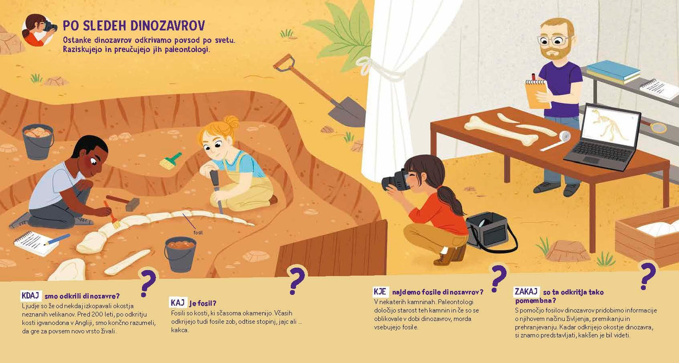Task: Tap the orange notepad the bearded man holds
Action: coord(536,92)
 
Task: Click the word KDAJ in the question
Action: coord(31,296)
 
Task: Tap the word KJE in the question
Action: coord(380,291)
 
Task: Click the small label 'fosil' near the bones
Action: coord(198,232)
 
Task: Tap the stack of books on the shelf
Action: coord(613,72)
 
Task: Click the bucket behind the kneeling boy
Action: coord(38,141)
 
